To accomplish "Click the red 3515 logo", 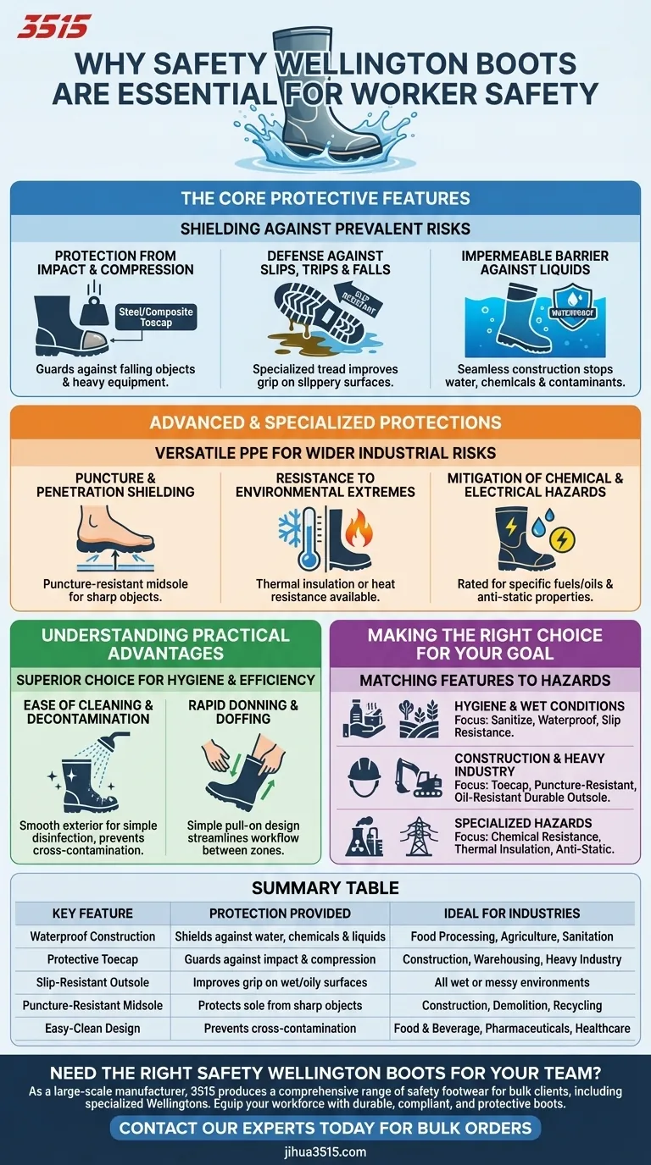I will pos(53,27).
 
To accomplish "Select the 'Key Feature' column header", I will pos(92,913).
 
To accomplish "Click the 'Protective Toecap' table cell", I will pos(92,959).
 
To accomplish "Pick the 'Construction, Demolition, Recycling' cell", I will pos(512,1005).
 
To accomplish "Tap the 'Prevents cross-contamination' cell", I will pos(280,1028).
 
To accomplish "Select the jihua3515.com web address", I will pos(325,1151).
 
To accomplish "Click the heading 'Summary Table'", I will pos(325,888).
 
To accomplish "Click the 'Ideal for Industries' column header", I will pos(512,913).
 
